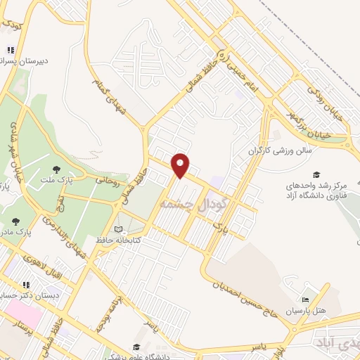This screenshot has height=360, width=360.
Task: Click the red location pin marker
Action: coord(181,165)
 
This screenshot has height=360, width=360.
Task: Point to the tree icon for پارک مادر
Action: coord(15,221)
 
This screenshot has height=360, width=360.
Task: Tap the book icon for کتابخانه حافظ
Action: coord(119,229)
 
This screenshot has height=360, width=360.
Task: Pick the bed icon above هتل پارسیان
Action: coord(304,300)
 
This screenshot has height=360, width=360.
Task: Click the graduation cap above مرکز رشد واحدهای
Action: coord(316,174)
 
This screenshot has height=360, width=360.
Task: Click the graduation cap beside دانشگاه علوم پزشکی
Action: coord(135,348)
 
